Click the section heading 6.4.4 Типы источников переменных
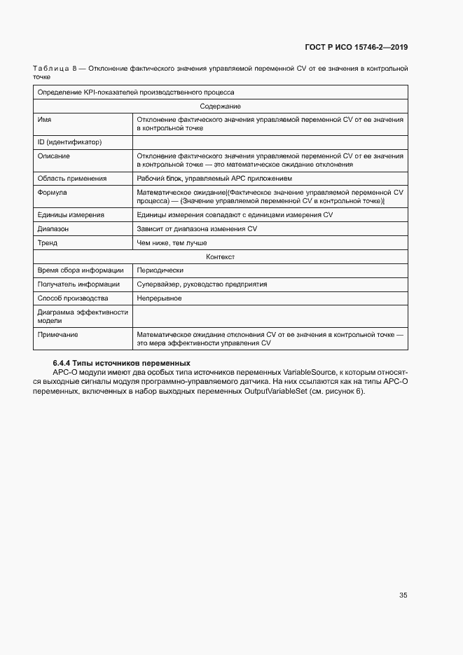point(121,363)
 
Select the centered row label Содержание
point(220,106)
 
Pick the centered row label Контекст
point(220,257)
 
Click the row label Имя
point(45,120)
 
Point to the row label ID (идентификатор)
point(70,142)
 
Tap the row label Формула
point(53,191)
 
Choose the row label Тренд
point(48,243)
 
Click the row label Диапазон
point(53,228)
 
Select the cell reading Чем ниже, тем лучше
point(172,243)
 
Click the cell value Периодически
point(160,270)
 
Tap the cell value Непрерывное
point(160,298)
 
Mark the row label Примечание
point(58,334)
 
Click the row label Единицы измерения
point(71,214)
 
